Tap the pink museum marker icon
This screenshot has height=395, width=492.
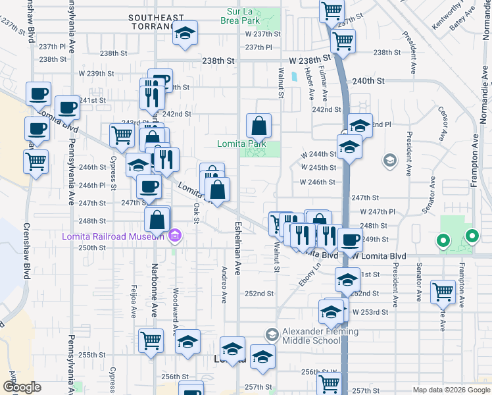pyautogui.click(x=174, y=236)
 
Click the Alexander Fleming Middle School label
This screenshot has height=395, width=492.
pyautogui.click(x=320, y=336)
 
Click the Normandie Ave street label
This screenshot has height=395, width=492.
pyautogui.click(x=485, y=106)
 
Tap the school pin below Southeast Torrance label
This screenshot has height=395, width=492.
pyautogui.click(x=185, y=33)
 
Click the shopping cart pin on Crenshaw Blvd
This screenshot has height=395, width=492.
pyautogui.click(x=36, y=161)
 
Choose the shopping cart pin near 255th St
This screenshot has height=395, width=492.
pyautogui.click(x=151, y=341)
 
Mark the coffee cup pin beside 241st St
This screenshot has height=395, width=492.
pyautogui.click(x=66, y=107)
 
